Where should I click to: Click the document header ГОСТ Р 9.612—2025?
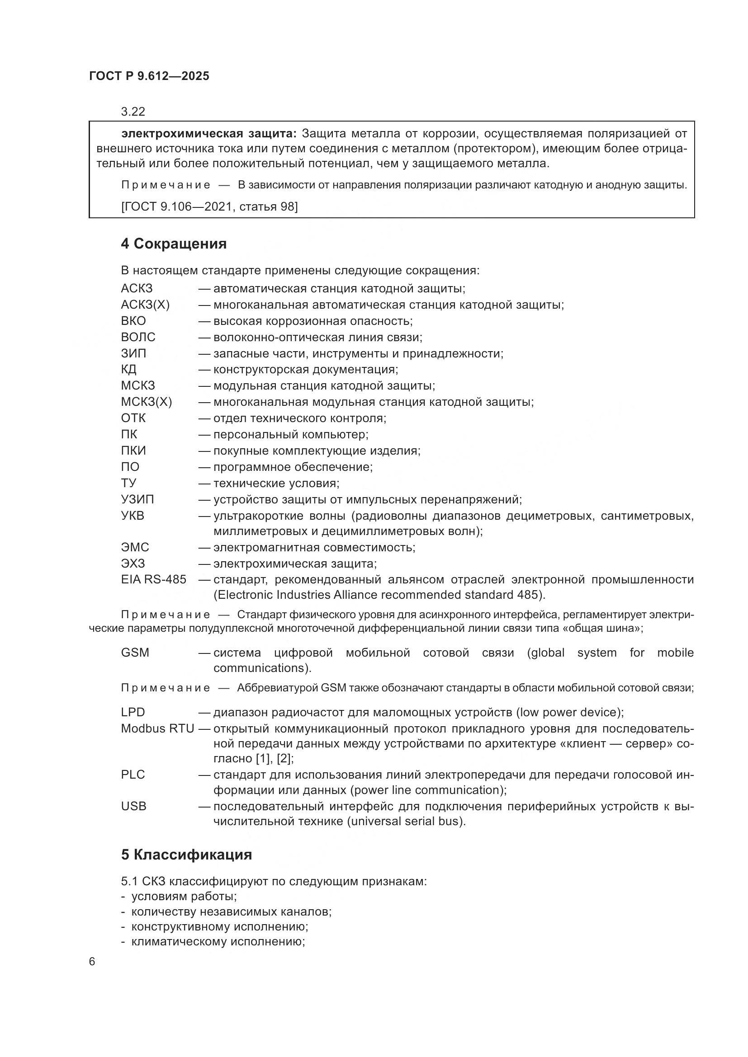pos(149,76)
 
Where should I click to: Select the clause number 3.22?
pos(133,112)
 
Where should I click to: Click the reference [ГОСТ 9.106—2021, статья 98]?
pos(209,207)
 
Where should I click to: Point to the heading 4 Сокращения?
pos(174,244)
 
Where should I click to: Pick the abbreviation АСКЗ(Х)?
pos(145,305)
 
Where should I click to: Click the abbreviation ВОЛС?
pos(138,337)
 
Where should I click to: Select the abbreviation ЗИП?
pos(133,353)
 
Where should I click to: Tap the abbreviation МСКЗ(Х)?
pos(146,402)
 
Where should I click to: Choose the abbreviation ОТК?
pos(133,418)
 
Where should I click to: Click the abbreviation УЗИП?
pos(137,499)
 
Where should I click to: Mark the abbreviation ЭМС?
pos(135,547)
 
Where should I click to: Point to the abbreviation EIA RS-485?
pos(153,580)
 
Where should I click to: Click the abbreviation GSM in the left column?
pos(135,653)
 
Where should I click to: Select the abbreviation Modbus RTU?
pos(157,729)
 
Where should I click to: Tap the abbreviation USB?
pos(133,806)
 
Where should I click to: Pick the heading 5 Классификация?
pos(186,855)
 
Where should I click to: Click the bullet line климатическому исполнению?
pos(218,941)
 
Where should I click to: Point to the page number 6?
pos(92,962)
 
